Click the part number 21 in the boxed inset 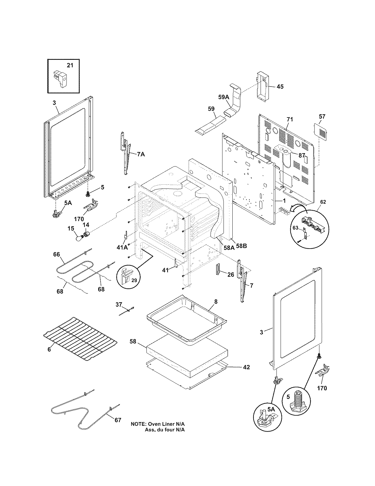point(70,65)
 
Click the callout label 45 point(280,87)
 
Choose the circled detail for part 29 point(128,277)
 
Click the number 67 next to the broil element point(118,420)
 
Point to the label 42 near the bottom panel point(246,367)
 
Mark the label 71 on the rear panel point(290,119)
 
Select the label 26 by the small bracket point(231,274)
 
